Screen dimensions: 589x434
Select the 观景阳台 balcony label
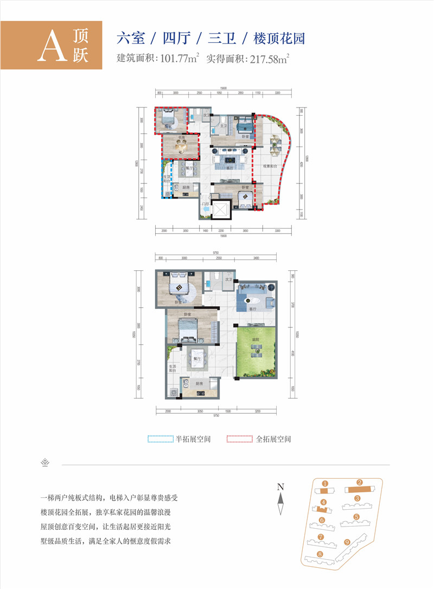270,166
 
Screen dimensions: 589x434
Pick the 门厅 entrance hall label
206,204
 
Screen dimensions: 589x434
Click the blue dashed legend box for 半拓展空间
161,439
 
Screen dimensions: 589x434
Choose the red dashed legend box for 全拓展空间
240,439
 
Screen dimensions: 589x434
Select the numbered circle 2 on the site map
359,482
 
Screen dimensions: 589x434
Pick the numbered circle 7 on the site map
321,537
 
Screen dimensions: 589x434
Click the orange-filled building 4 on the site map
323,508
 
